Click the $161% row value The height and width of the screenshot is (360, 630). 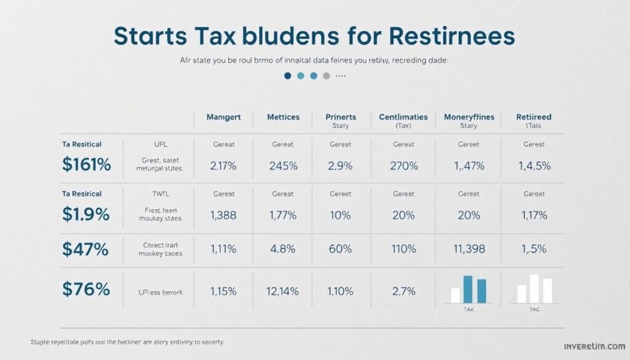pos(87,165)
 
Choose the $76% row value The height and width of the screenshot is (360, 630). pos(86,289)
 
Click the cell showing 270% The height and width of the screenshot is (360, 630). pos(404,165)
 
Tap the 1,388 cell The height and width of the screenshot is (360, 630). pos(223,215)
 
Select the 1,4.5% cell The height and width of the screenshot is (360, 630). pos(534,165)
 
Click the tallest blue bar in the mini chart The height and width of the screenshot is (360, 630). pos(468,289)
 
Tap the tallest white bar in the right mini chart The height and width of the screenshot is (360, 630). pos(534,289)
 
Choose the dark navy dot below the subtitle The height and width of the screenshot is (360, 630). pos(287,76)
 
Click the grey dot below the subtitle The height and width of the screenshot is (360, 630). pos(327,76)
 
